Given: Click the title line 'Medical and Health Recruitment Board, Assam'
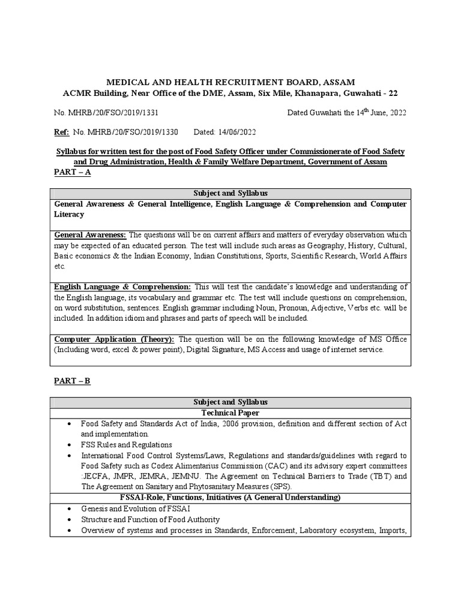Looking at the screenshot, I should point(230,82).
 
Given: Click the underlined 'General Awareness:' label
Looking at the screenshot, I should point(91,234).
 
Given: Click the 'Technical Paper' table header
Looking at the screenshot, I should point(230,413).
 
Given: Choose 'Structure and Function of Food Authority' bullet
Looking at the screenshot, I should point(151,519).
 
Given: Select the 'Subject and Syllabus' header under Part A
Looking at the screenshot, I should point(230,194).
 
